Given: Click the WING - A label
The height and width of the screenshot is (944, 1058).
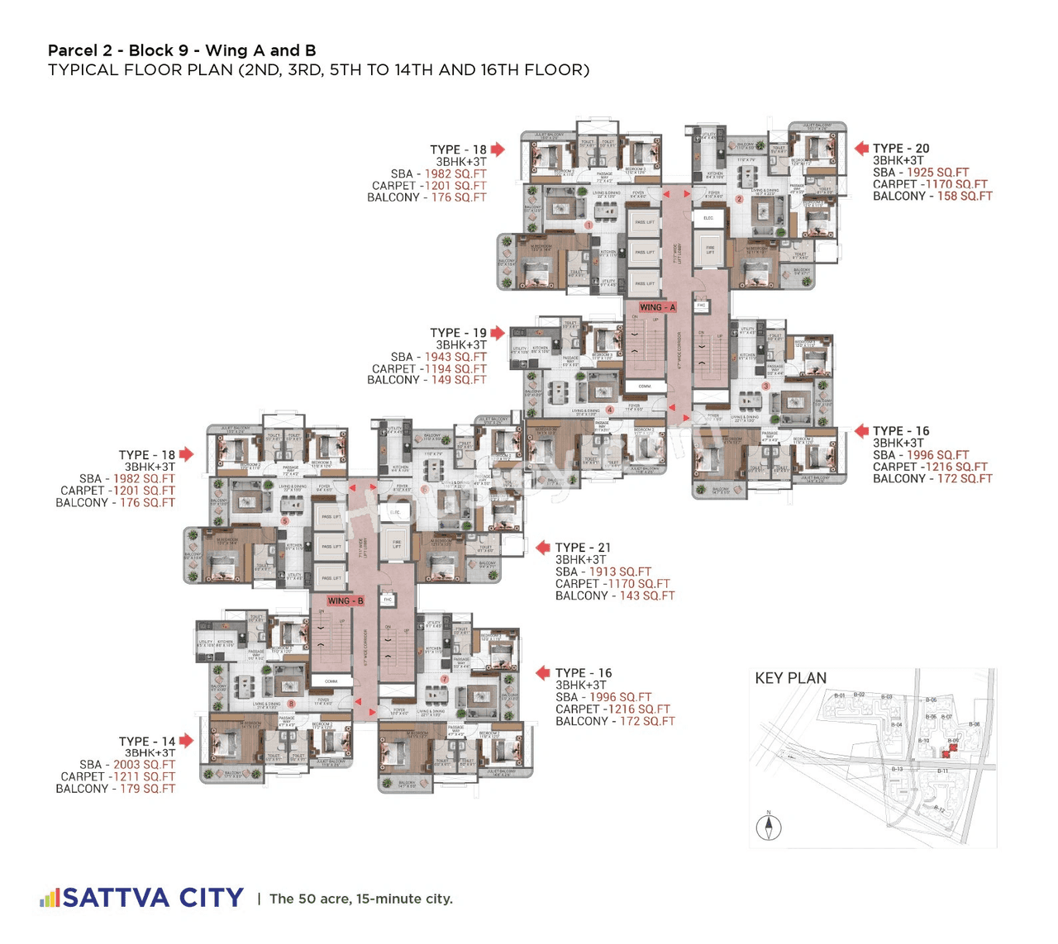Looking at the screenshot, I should click(657, 307).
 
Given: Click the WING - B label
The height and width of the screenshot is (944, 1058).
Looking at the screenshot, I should click(346, 600).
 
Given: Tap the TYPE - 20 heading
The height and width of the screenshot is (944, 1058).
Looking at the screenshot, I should click(901, 149).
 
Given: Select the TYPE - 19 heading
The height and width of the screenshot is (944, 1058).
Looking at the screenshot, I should click(458, 333).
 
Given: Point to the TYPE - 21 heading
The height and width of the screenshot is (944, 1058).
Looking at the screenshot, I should click(583, 548).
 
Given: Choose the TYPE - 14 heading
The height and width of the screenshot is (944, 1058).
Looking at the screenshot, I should click(146, 742).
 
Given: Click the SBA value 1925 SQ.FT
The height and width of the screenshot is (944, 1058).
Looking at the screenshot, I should click(937, 173).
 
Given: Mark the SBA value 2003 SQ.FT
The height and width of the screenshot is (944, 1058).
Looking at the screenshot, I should click(144, 765).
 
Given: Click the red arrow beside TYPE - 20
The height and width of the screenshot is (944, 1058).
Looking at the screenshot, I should click(861, 149).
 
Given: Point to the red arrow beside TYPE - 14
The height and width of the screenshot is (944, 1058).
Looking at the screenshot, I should click(187, 741).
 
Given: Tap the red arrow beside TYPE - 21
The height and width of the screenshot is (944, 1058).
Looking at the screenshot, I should click(543, 548).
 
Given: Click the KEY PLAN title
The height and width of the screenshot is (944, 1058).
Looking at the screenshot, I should click(790, 678).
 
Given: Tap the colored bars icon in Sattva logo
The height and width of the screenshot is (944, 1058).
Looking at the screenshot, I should click(50, 898).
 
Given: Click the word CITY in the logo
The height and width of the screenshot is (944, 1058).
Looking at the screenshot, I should click(212, 898).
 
